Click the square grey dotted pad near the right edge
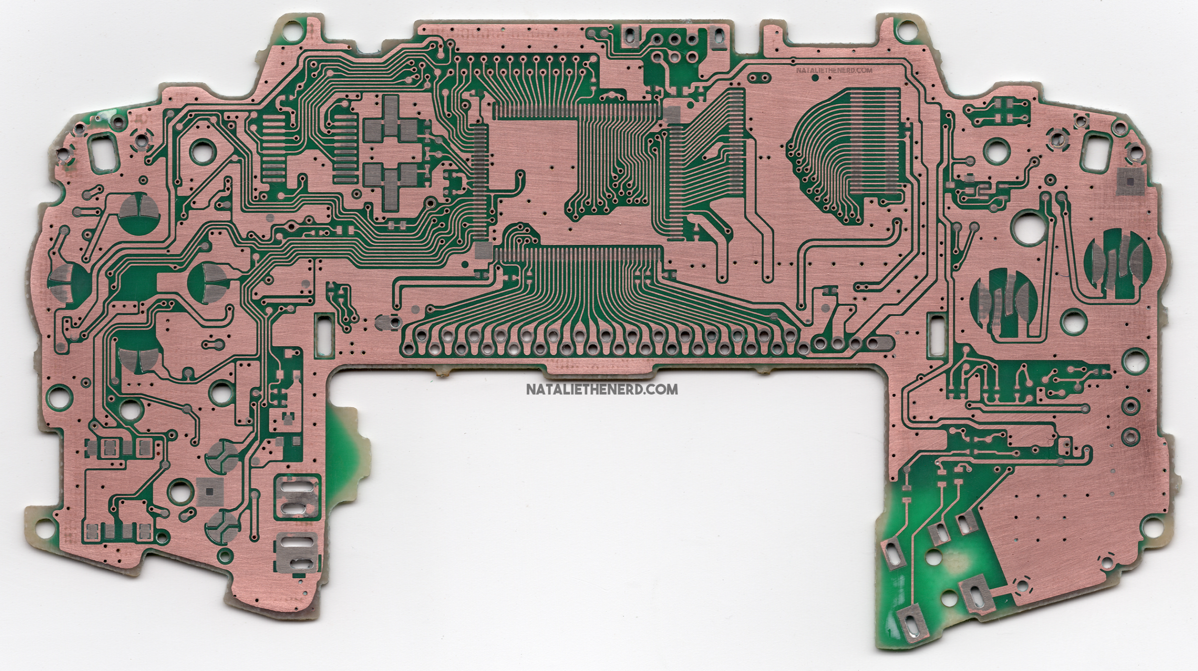(x=1130, y=181)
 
